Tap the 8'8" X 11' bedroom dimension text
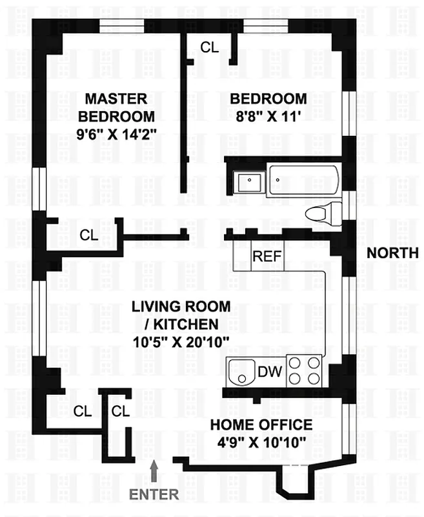(x=268, y=117)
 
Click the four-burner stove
(x=304, y=371)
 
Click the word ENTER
(x=154, y=494)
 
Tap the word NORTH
(x=392, y=253)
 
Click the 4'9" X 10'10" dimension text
(x=262, y=443)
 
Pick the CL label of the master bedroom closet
(x=89, y=235)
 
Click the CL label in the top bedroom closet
(x=209, y=47)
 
